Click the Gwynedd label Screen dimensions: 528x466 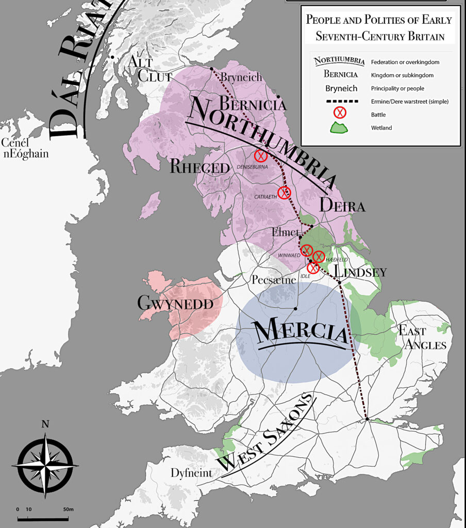pos(175,303)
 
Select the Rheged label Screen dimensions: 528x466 pos(199,168)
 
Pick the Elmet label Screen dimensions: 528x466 pos(286,233)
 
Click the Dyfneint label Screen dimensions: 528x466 pos(190,473)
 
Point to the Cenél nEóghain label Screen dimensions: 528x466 pos(25,148)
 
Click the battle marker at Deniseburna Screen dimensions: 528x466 pos(261,156)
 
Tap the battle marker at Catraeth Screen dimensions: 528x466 pos(284,193)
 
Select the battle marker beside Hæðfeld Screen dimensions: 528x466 pos(319,257)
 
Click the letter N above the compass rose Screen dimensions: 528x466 pos(45,424)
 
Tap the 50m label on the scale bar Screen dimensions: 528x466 pos(69,509)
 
